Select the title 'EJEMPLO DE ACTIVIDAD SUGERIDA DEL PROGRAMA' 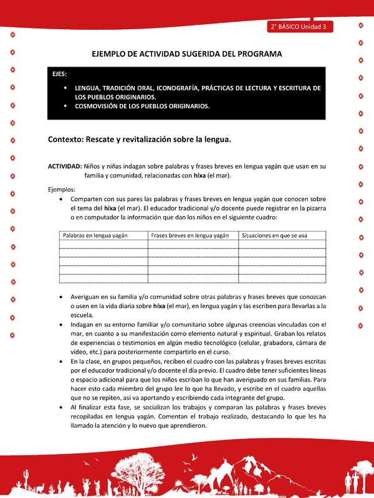point(187,54)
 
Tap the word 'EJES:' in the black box point(61,74)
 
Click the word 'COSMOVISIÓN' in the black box point(100,106)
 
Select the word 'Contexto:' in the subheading point(67,139)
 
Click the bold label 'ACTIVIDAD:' point(65,167)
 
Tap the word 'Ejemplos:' point(62,189)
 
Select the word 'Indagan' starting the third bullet point(83,324)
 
